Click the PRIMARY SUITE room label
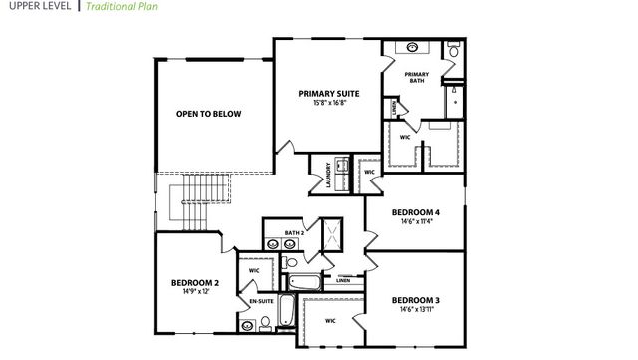tap(328, 94)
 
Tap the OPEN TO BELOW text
tap(208, 114)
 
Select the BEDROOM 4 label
tap(416, 213)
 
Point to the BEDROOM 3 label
tap(416, 301)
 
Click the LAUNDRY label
tap(328, 176)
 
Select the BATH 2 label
tap(293, 232)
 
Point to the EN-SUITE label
tap(261, 300)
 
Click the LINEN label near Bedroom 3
tap(343, 280)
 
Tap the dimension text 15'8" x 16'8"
tap(328, 103)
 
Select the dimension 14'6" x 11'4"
tap(416, 222)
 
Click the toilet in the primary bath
tap(453, 50)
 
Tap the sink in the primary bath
tap(413, 48)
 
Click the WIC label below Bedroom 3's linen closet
tap(329, 320)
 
